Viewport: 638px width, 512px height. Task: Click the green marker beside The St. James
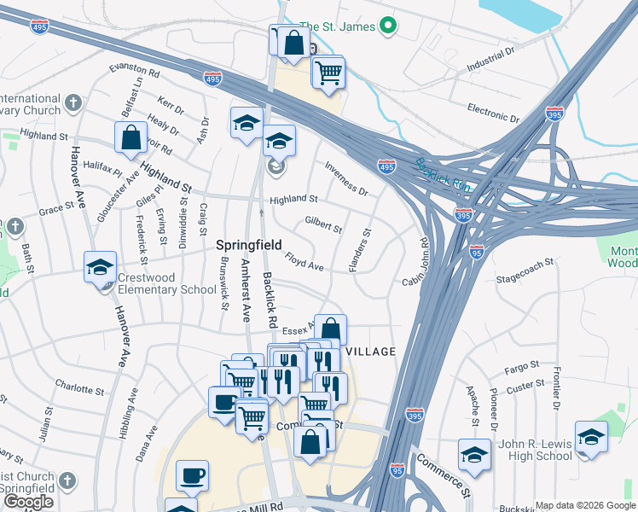coord(388,26)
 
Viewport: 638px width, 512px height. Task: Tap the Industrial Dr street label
coord(492,59)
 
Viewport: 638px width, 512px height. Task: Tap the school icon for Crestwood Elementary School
coord(100,267)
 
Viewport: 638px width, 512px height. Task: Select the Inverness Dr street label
coord(345,179)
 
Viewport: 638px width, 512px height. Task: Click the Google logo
coord(29,502)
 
